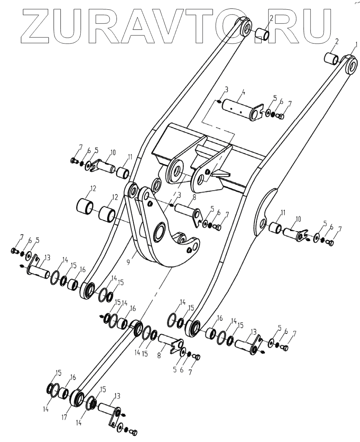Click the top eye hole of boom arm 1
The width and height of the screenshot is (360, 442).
(352, 65)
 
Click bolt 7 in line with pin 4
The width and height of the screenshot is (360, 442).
(281, 117)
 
